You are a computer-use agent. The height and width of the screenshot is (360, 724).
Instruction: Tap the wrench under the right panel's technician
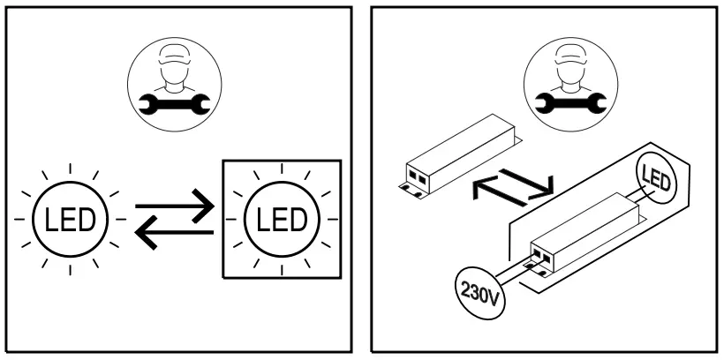pyautogui.click(x=562, y=104)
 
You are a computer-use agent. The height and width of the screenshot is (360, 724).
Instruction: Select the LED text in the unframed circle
pyautogui.click(x=70, y=218)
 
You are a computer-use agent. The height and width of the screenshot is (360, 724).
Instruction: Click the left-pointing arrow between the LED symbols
pyautogui.click(x=175, y=232)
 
